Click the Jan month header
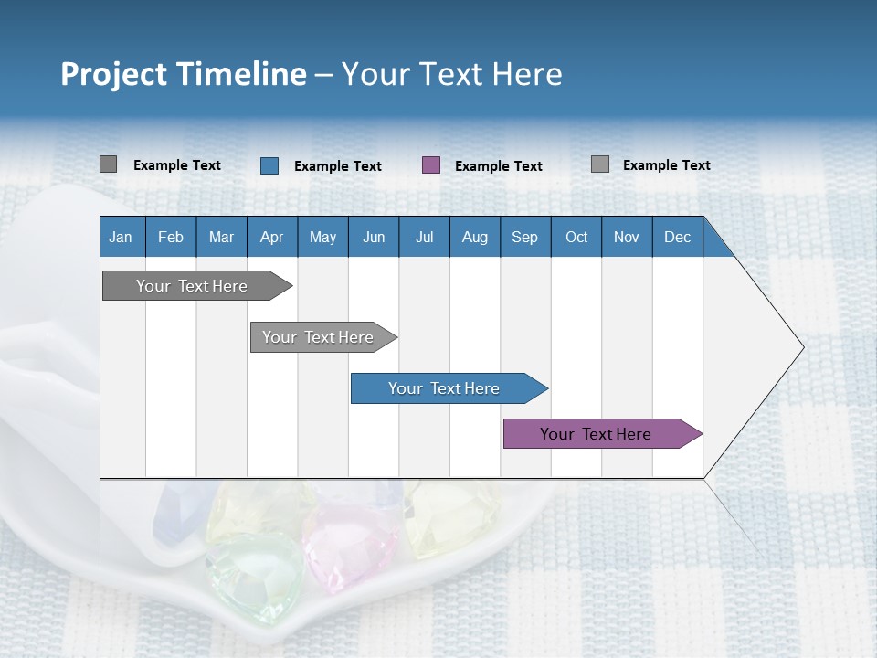[x=121, y=237]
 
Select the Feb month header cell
[x=171, y=237]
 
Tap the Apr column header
[x=271, y=237]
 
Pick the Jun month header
[x=373, y=237]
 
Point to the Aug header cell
[x=474, y=237]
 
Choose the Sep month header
[x=524, y=237]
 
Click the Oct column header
[x=576, y=237]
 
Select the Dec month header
[x=677, y=237]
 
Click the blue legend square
[x=269, y=165]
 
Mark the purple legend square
[x=431, y=165]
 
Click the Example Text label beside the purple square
[x=498, y=166]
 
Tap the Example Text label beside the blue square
[x=337, y=166]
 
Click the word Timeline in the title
[x=241, y=74]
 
